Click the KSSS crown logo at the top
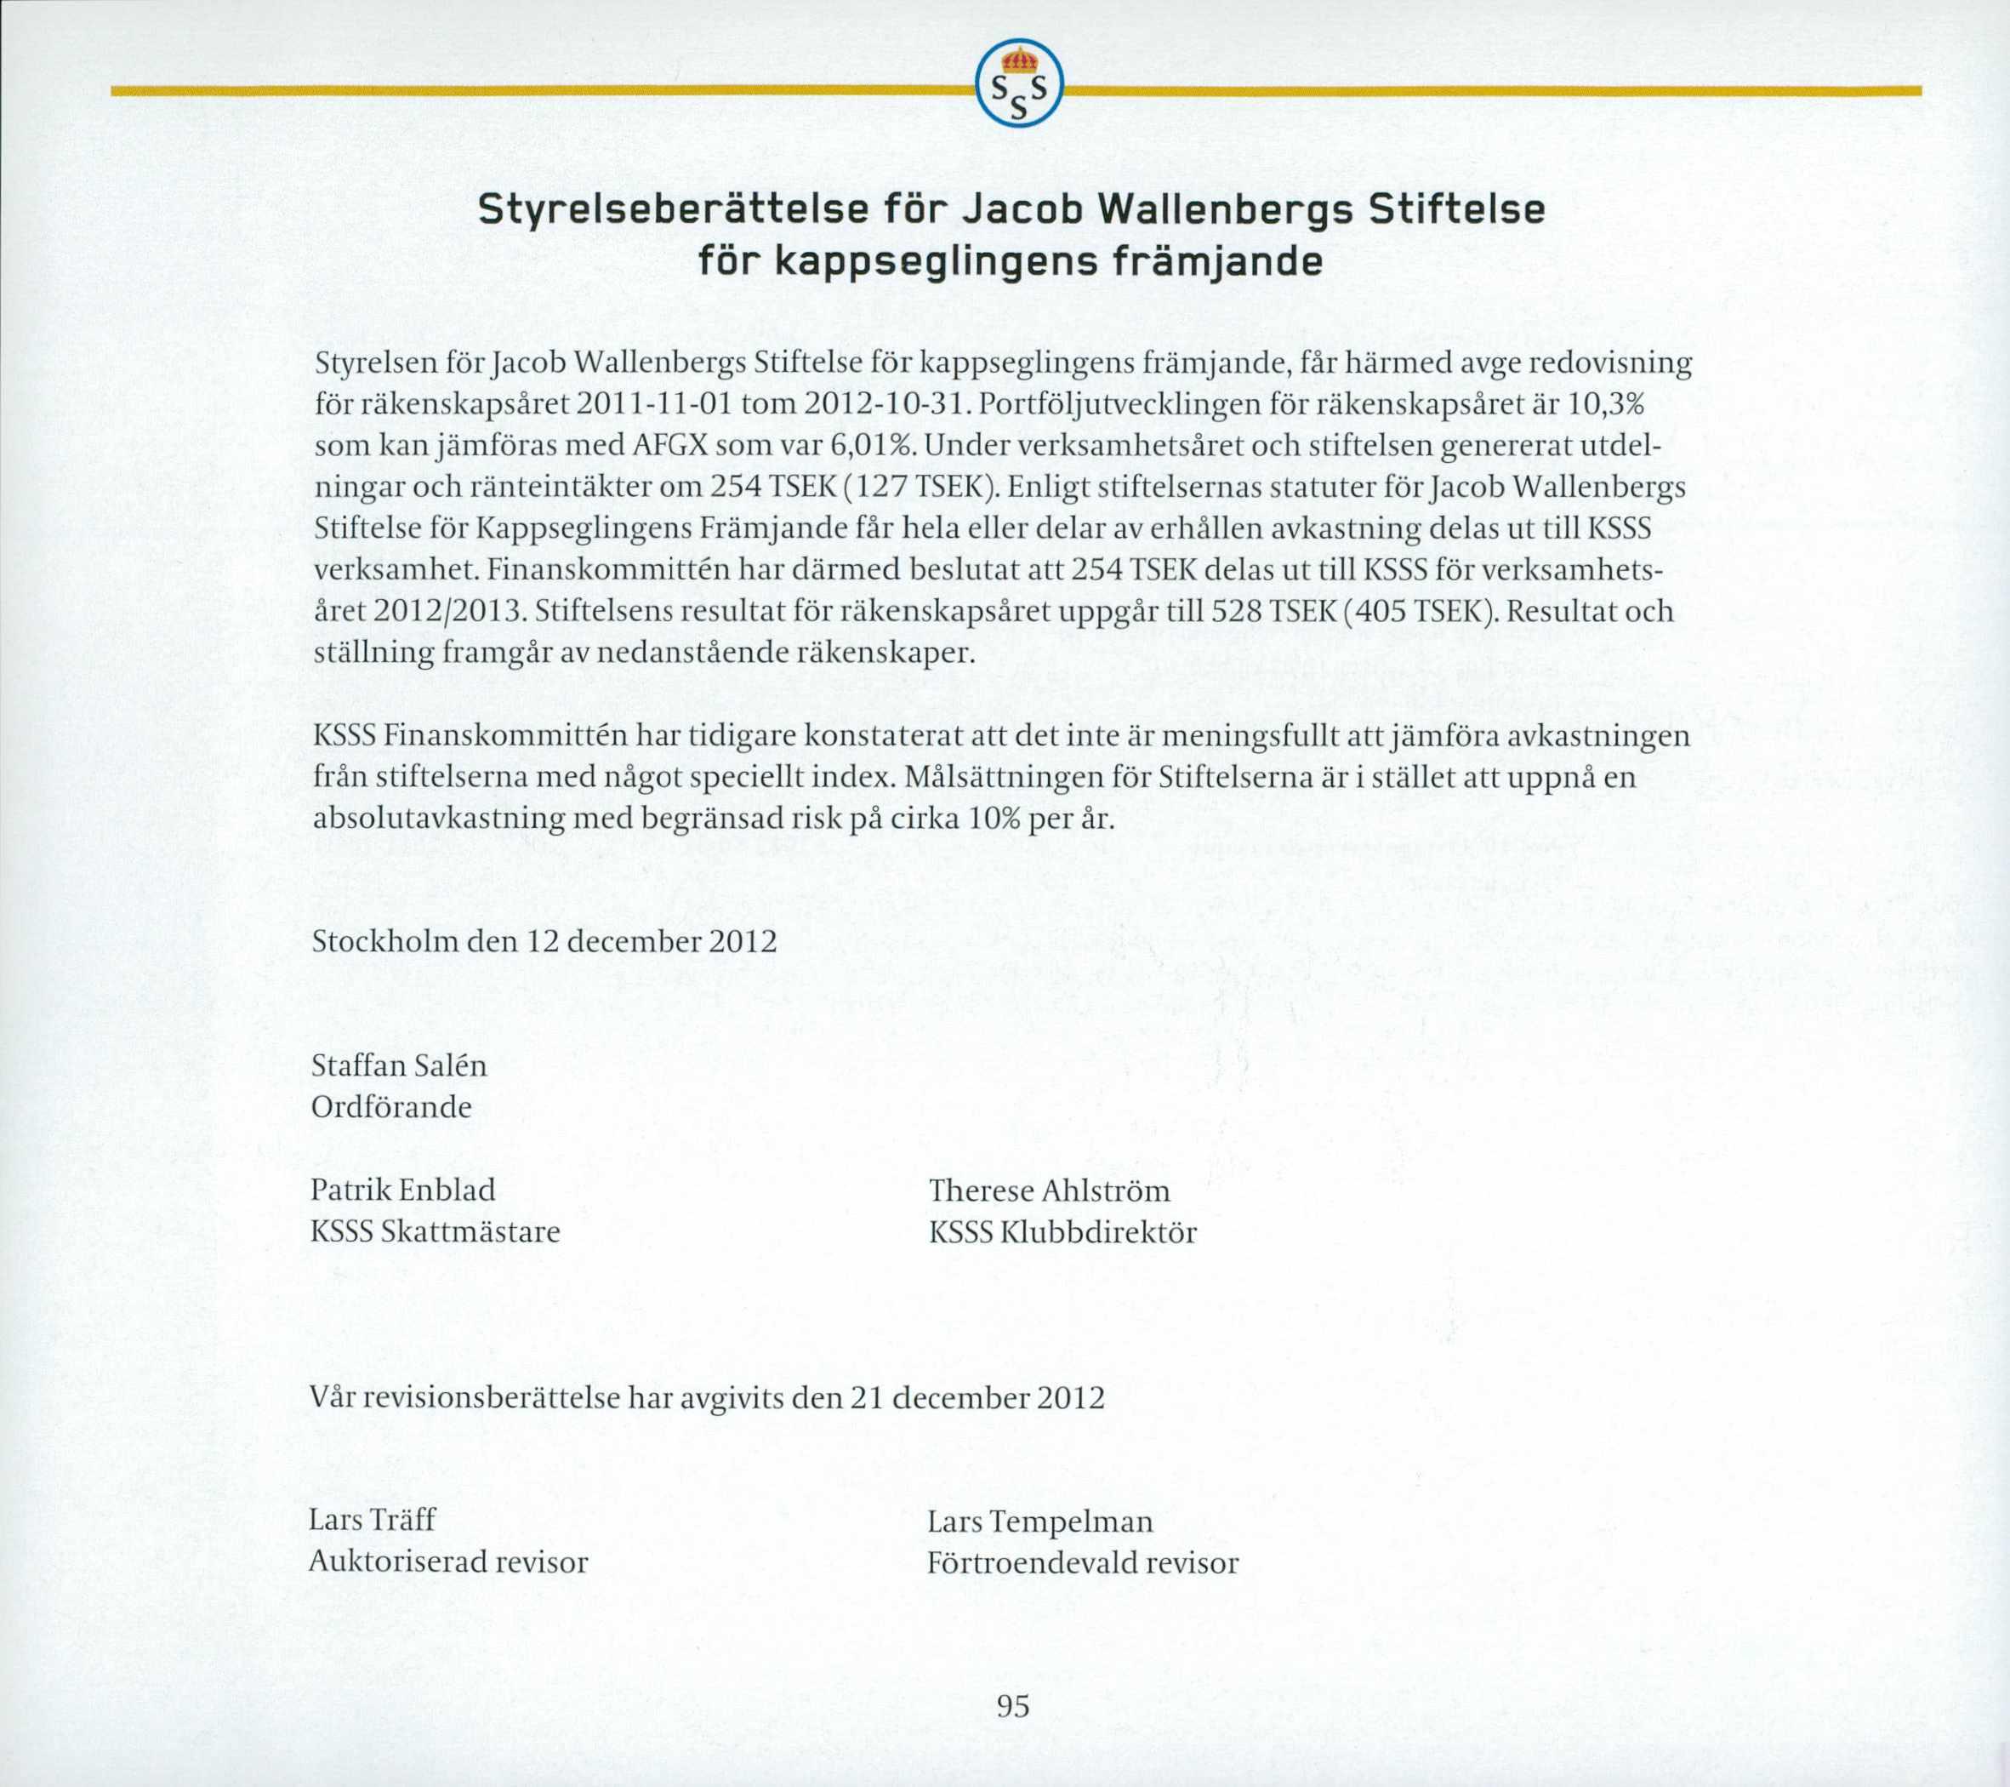(1019, 83)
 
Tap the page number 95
(1013, 1705)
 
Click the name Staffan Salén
(398, 1066)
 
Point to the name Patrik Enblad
(403, 1191)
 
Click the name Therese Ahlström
(1050, 1191)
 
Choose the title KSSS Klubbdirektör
(1062, 1232)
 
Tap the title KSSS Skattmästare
(435, 1232)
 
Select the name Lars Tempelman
(1039, 1522)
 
